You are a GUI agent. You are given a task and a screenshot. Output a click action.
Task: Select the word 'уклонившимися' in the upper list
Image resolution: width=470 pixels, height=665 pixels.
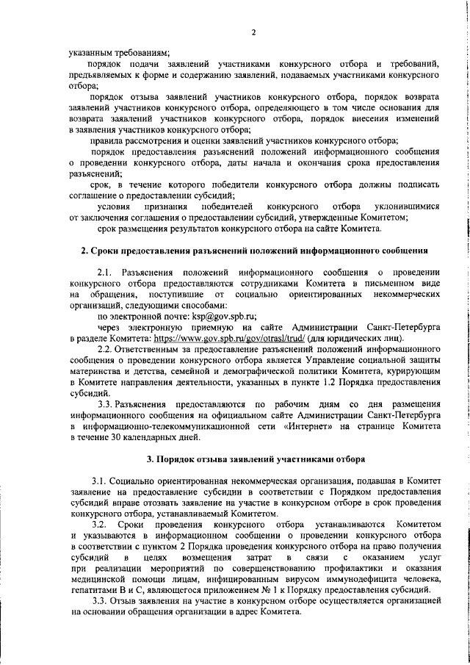(x=402, y=206)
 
